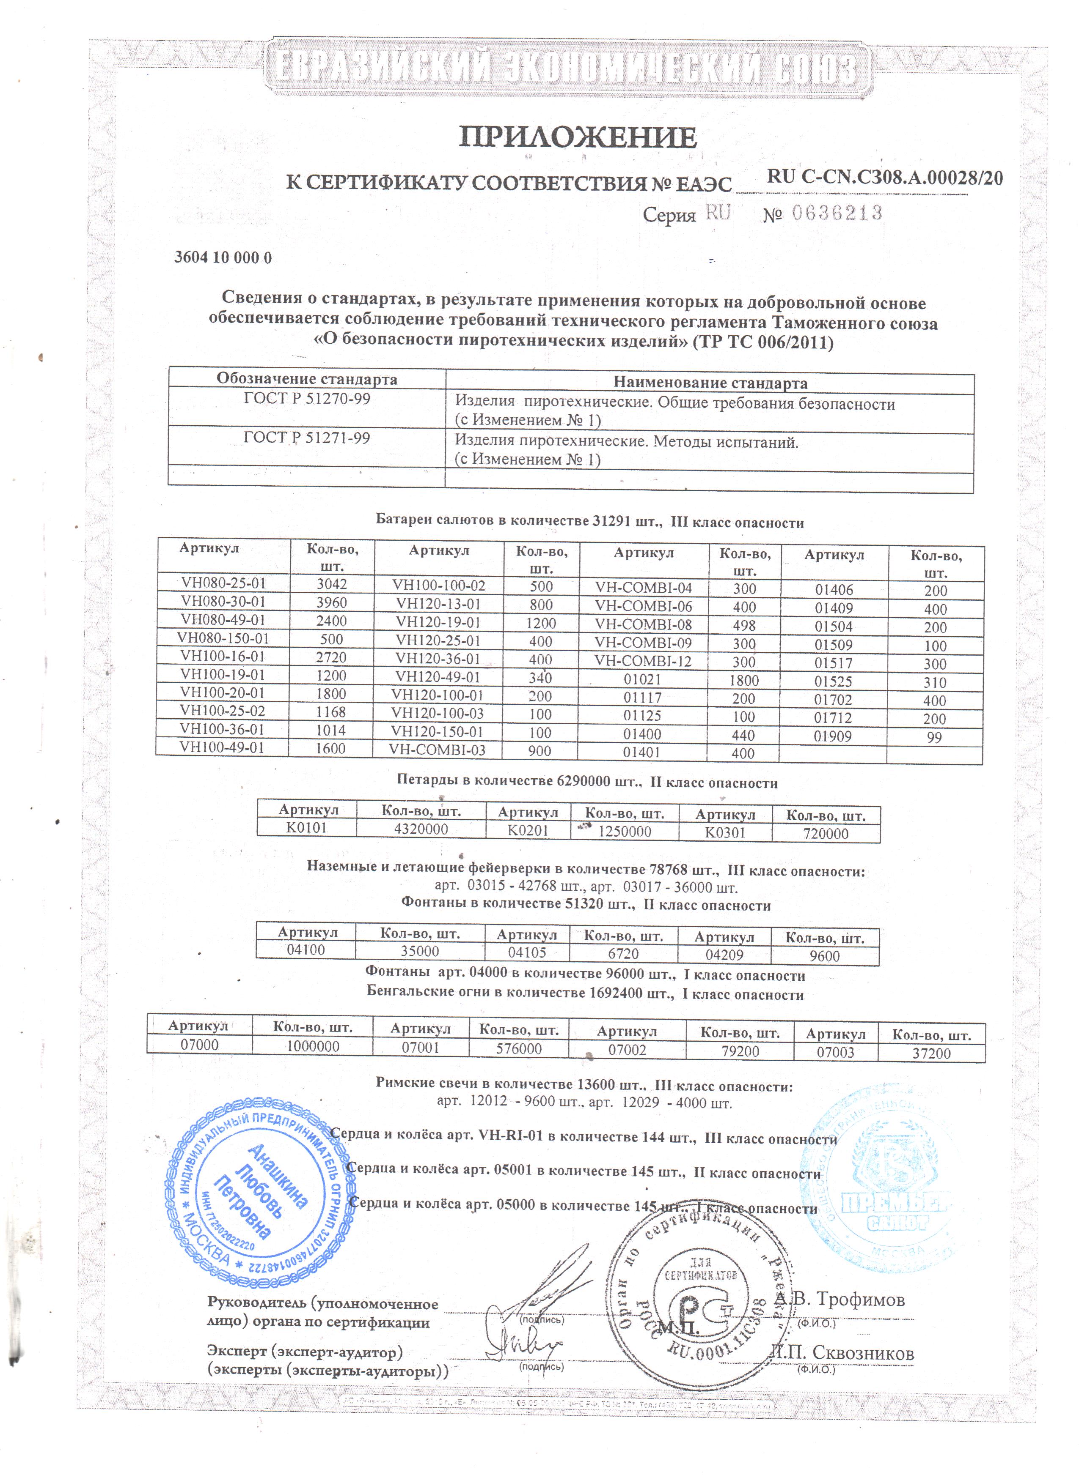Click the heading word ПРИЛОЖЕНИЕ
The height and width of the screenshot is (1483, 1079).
tap(577, 137)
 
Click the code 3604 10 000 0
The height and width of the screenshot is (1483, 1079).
tap(223, 257)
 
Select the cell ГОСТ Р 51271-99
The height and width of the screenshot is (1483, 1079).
tap(307, 438)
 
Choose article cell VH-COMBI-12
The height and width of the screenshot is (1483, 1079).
tap(643, 661)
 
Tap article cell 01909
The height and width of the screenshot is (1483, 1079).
tap(832, 736)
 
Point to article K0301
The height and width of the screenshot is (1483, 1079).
tap(725, 832)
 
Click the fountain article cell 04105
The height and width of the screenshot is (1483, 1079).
tap(527, 953)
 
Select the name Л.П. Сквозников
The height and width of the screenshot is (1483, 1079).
tap(843, 1353)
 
